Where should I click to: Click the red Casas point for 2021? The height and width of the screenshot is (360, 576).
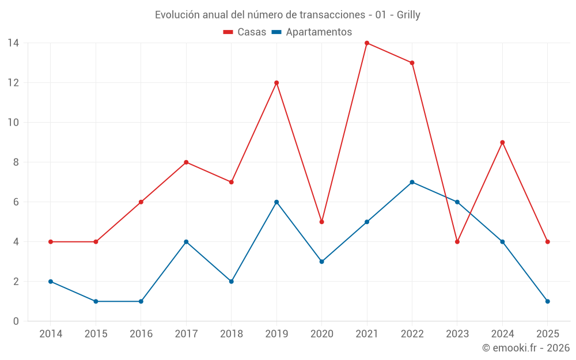pos(367,43)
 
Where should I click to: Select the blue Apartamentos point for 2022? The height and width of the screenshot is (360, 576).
pos(412,182)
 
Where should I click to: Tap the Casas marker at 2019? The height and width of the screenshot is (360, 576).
pos(276,82)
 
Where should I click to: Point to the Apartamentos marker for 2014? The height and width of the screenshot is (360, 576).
pos(51,282)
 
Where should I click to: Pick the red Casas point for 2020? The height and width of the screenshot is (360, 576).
pos(321,222)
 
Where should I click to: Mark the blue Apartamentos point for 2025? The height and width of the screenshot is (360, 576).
pos(547,301)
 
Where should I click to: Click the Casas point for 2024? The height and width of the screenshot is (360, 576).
pos(502,142)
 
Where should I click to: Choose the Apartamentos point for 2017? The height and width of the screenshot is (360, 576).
pos(186,242)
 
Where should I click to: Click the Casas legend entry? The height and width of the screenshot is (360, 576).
pos(245,32)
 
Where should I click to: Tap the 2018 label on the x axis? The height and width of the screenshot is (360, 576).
pos(231,334)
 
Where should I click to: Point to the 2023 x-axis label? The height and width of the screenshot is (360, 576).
pos(457,334)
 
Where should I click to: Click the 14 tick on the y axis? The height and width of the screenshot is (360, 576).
pos(13,43)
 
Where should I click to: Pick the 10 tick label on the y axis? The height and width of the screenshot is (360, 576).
pos(13,122)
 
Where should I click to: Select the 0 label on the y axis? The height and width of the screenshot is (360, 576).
pos(16,321)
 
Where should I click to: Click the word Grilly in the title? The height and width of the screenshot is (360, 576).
pos(408,15)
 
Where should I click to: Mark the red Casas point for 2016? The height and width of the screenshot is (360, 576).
pos(141,202)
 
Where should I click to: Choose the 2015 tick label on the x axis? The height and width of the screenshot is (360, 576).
pos(96,334)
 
